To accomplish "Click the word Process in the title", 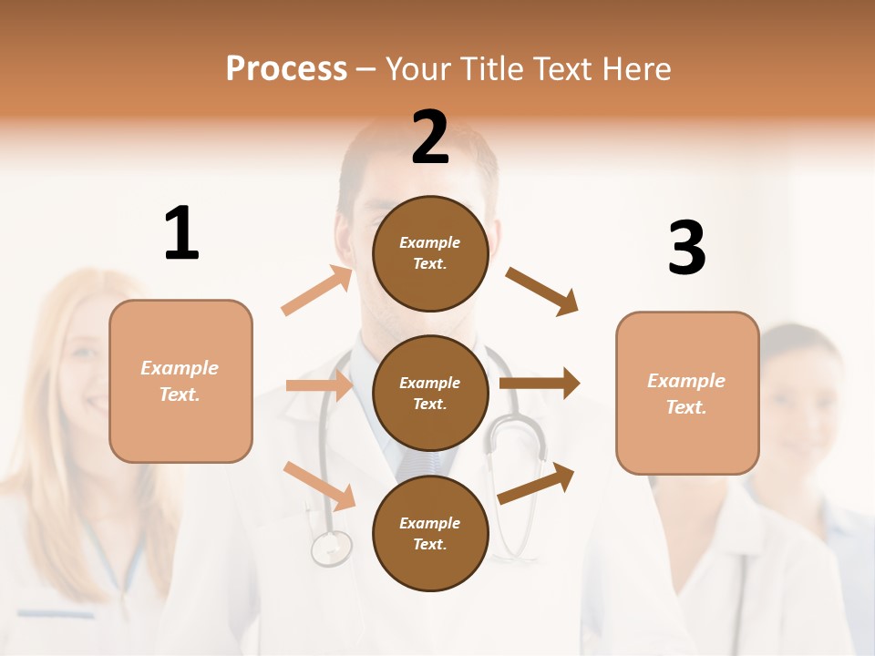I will tap(286, 69).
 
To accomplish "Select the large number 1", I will tap(181, 234).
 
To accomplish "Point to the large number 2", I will tap(430, 138).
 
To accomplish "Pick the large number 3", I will tap(686, 248).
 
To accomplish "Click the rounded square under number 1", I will tap(180, 381).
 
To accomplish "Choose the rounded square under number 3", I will tap(687, 393).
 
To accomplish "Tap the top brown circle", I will tap(430, 253).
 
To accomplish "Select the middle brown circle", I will tap(430, 393).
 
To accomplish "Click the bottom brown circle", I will tap(430, 533).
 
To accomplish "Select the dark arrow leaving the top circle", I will tap(542, 292).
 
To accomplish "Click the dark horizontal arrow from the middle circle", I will tap(540, 384).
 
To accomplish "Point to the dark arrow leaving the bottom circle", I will tap(537, 483).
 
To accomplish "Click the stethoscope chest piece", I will tap(331, 548).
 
